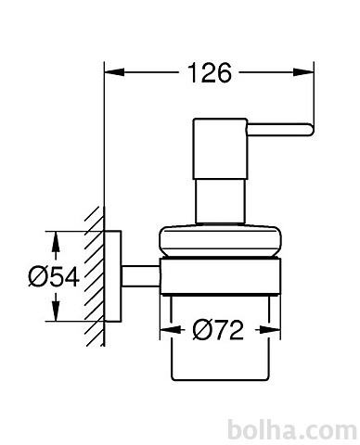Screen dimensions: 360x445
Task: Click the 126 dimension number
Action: (x=210, y=73)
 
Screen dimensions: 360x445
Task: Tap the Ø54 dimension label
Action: (x=54, y=277)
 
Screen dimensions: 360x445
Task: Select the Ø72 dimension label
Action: (x=218, y=330)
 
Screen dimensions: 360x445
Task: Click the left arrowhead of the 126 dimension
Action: (x=115, y=72)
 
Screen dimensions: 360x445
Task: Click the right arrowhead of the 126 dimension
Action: (x=303, y=72)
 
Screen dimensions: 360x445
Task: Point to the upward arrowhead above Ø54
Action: (x=56, y=241)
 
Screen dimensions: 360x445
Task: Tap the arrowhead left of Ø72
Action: (x=170, y=330)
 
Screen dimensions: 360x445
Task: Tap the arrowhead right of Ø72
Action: (x=270, y=330)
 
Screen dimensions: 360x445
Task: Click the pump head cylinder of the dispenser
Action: (x=220, y=148)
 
